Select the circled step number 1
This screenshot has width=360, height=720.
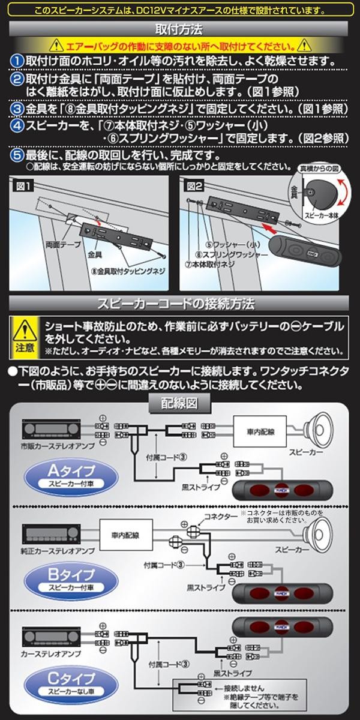coord(18,61)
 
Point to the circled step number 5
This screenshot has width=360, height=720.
coord(18,154)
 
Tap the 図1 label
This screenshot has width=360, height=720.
coord(25,187)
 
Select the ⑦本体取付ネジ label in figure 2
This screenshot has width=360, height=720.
coord(211,265)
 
